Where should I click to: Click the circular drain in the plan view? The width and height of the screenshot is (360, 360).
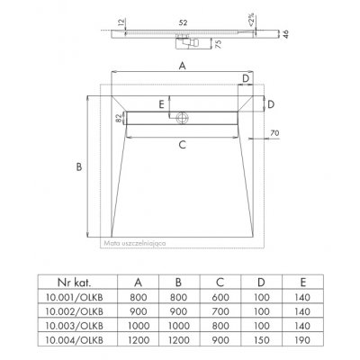[x=182, y=118]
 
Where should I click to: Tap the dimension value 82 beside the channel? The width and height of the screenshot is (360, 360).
[x=119, y=118]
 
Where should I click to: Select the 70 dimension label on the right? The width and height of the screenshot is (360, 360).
[x=274, y=133]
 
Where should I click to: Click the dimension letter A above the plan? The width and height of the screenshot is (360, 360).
[x=183, y=66]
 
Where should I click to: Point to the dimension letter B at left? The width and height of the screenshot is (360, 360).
[x=79, y=166]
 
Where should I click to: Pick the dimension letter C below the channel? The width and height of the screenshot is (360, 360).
[x=183, y=145]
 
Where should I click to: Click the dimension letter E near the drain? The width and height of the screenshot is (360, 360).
[x=162, y=104]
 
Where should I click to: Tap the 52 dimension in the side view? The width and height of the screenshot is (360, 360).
[x=183, y=22]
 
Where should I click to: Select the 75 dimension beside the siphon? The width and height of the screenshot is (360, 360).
[x=219, y=44]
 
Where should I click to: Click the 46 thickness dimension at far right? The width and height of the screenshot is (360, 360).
[x=286, y=34]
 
